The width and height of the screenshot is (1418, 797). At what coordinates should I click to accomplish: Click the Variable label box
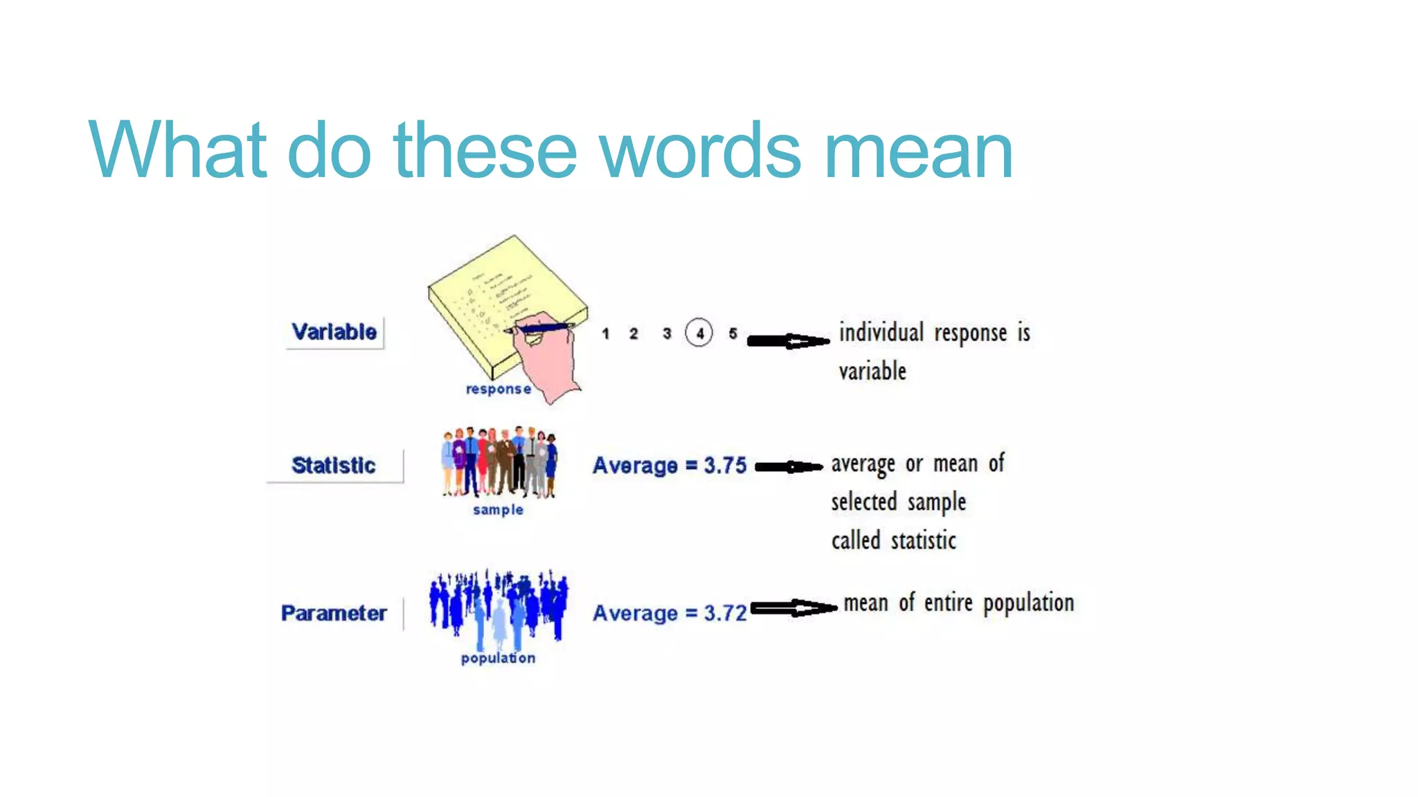pos(334,332)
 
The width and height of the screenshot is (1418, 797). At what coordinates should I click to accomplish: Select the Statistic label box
pos(334,466)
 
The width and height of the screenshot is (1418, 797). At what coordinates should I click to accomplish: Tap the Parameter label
pos(334,613)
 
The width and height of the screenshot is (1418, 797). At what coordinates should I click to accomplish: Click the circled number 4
pos(699,333)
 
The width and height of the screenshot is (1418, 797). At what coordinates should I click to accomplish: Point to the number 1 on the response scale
pos(605,334)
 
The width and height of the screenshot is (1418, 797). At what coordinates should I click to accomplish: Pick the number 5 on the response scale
pos(733,333)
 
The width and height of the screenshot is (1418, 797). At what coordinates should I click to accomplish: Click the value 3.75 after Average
pos(725,466)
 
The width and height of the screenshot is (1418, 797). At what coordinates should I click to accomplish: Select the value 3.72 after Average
pos(725,613)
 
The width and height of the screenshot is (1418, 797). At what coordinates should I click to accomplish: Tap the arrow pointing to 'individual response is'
pos(788,340)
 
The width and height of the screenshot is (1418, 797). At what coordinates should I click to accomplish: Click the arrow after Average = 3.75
pos(789,467)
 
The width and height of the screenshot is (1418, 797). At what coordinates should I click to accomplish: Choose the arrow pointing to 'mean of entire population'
pos(793,608)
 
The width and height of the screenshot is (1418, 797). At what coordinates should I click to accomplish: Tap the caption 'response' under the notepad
pos(499,389)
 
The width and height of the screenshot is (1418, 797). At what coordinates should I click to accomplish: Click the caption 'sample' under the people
pos(498,510)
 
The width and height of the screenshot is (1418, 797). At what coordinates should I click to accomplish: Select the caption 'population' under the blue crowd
pos(498,658)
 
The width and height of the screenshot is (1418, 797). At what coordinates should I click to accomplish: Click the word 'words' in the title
pos(701,151)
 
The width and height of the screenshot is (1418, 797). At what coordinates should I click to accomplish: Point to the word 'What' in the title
pos(177,151)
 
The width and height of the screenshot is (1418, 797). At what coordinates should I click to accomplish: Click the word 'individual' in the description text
pos(881,333)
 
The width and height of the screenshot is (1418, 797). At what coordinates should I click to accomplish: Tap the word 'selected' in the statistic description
pos(864,502)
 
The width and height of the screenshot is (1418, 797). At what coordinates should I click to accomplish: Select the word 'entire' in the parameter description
pos(949,603)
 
